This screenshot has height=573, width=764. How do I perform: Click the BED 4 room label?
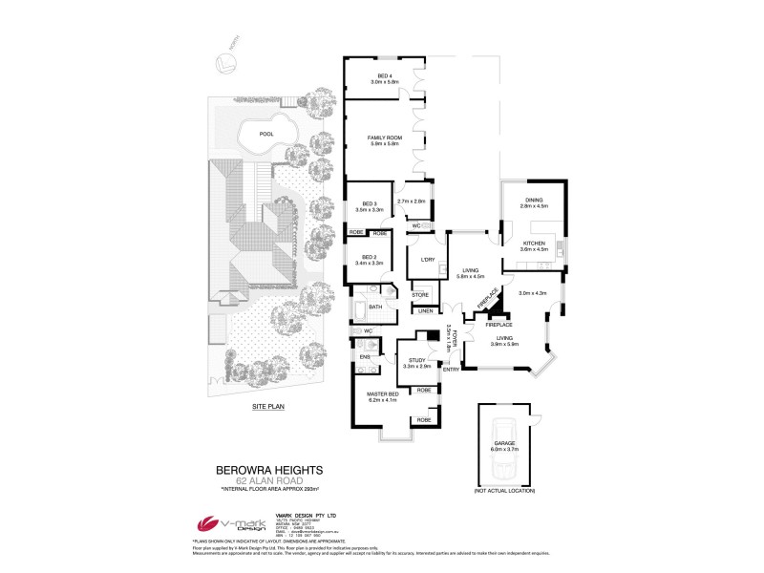coord(384,76)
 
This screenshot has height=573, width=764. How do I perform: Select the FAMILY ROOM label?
coord(384,138)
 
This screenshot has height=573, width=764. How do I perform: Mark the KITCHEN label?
coord(534,244)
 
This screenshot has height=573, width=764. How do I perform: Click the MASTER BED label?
coord(383,393)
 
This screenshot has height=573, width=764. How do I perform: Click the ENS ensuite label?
coord(364,357)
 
